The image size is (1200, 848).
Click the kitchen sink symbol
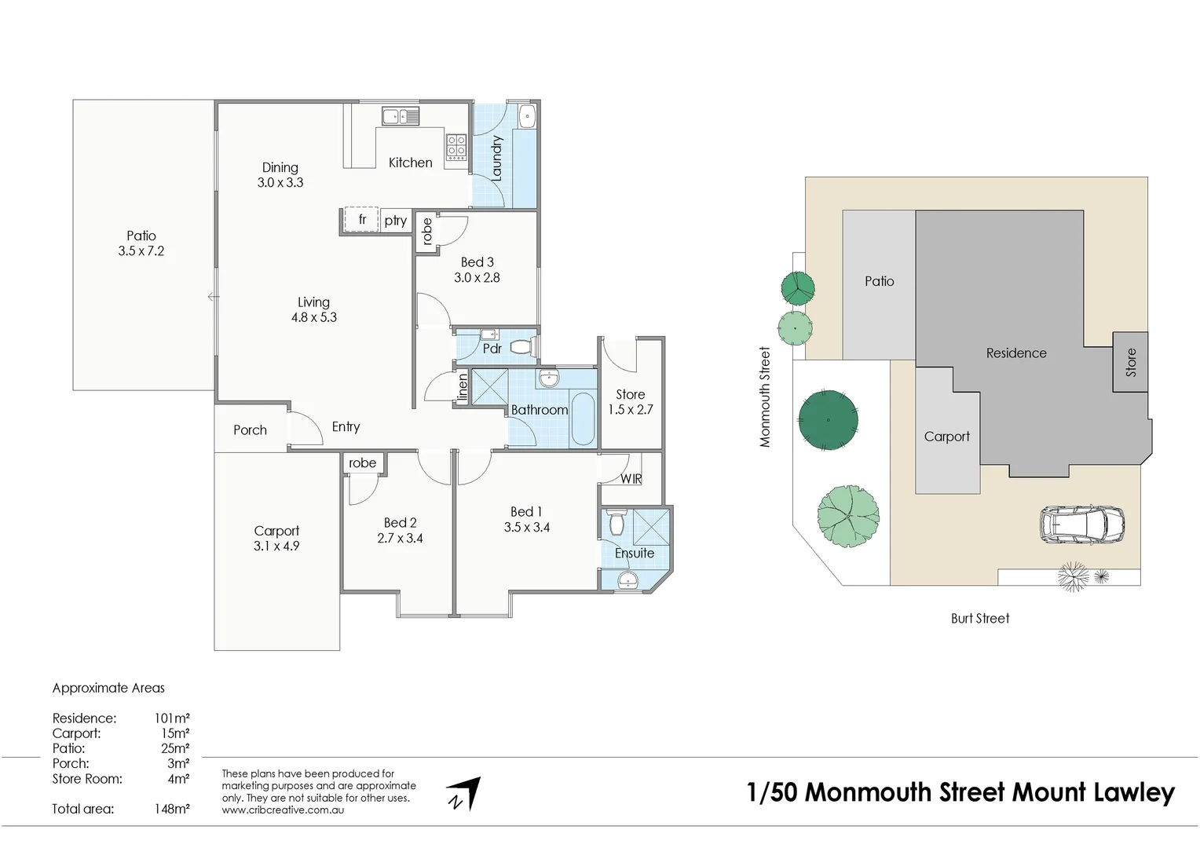point(401,117)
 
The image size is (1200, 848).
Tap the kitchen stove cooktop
point(456,147)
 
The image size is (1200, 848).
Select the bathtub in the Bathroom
point(582,419)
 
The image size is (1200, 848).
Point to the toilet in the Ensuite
point(615,523)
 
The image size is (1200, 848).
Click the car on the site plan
point(1081,525)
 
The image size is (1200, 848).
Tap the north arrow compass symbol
point(464,794)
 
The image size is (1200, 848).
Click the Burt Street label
point(979,619)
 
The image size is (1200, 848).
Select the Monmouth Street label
point(765,397)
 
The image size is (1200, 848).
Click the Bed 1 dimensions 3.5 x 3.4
point(526,528)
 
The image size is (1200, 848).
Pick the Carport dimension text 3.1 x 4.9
point(276,546)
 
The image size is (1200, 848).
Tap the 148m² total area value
point(172,809)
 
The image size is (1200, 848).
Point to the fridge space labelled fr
point(362,220)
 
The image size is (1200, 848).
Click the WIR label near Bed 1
point(631,479)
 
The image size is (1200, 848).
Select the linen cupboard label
point(463,388)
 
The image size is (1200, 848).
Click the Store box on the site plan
point(1130,362)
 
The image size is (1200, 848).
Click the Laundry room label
point(496,159)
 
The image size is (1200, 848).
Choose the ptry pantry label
point(396,221)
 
